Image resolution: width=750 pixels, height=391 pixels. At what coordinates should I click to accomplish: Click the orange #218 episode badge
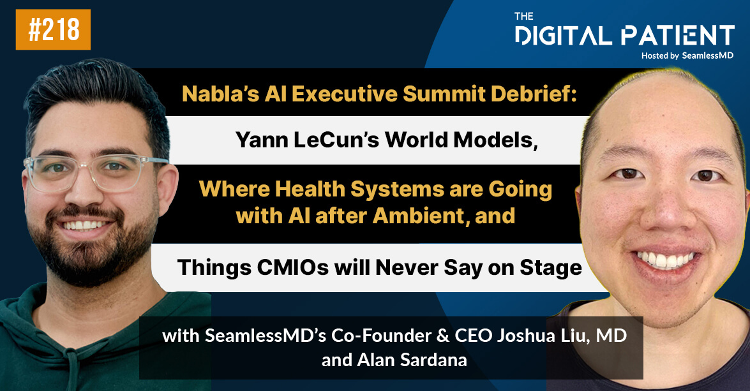53,29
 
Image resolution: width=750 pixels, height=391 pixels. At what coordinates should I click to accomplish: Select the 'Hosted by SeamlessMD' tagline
687,55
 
